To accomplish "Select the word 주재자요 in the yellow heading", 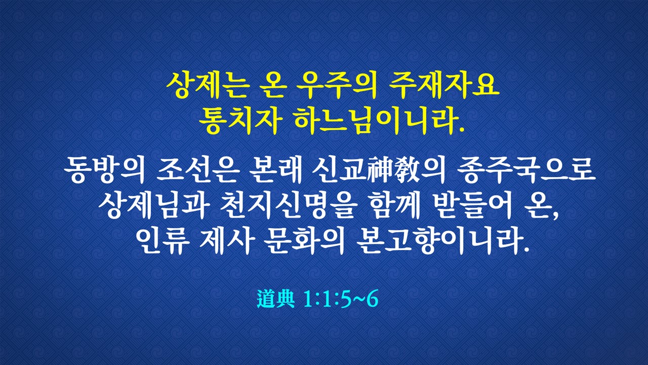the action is pos(444,86).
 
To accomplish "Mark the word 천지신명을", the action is pos(287,206).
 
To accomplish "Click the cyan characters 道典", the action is pos(276,299).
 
